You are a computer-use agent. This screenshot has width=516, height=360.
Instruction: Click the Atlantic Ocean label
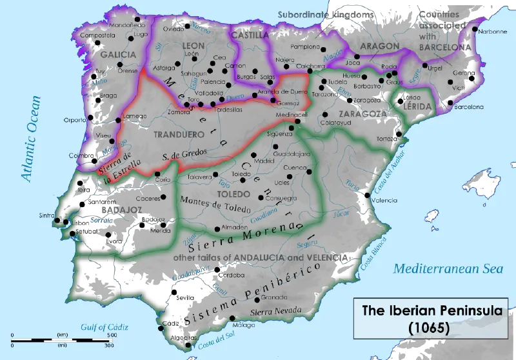(30, 139)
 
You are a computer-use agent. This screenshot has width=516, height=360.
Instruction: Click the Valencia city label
(387, 201)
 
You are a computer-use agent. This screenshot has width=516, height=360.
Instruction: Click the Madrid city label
(246, 161)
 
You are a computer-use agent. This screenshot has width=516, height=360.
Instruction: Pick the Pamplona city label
(304, 47)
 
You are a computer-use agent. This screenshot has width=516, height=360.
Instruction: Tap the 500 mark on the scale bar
(112, 335)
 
